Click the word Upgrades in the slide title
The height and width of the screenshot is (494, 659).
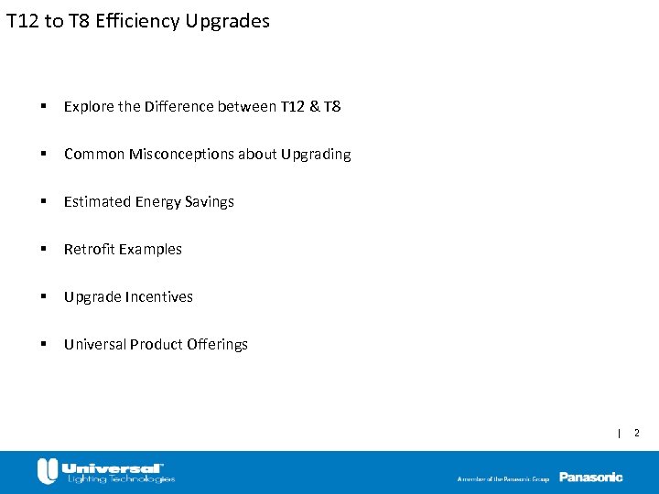pyautogui.click(x=227, y=20)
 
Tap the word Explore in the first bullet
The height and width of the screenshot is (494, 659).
pyautogui.click(x=88, y=106)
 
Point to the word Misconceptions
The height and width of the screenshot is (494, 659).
pyautogui.click(x=181, y=154)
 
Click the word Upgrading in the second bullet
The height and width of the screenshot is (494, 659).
pyautogui.click(x=318, y=154)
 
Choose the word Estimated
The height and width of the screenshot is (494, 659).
pyautogui.click(x=97, y=201)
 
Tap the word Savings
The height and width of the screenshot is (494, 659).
pyautogui.click(x=211, y=201)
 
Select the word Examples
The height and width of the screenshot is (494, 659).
pyautogui.click(x=152, y=249)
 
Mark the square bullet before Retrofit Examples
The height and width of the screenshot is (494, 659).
pyautogui.click(x=44, y=249)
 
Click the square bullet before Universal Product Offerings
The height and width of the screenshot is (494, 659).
pyautogui.click(x=44, y=344)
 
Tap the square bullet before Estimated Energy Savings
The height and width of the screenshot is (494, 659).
pyautogui.click(x=44, y=201)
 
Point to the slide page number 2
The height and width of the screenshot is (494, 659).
pyautogui.click(x=637, y=432)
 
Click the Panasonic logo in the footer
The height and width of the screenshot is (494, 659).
pyautogui.click(x=590, y=477)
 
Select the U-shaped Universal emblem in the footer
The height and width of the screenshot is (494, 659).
pyautogui.click(x=48, y=471)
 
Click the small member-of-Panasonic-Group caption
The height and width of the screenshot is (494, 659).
pyautogui.click(x=504, y=478)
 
